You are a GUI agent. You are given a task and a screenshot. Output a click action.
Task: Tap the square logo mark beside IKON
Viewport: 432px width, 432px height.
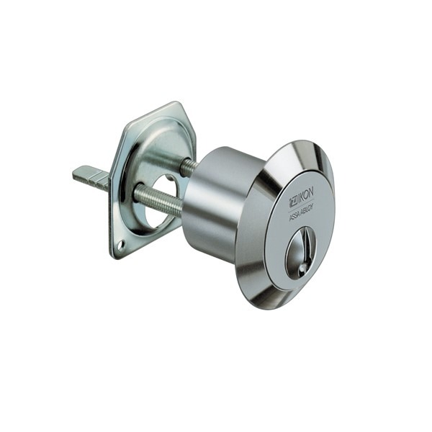293,198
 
